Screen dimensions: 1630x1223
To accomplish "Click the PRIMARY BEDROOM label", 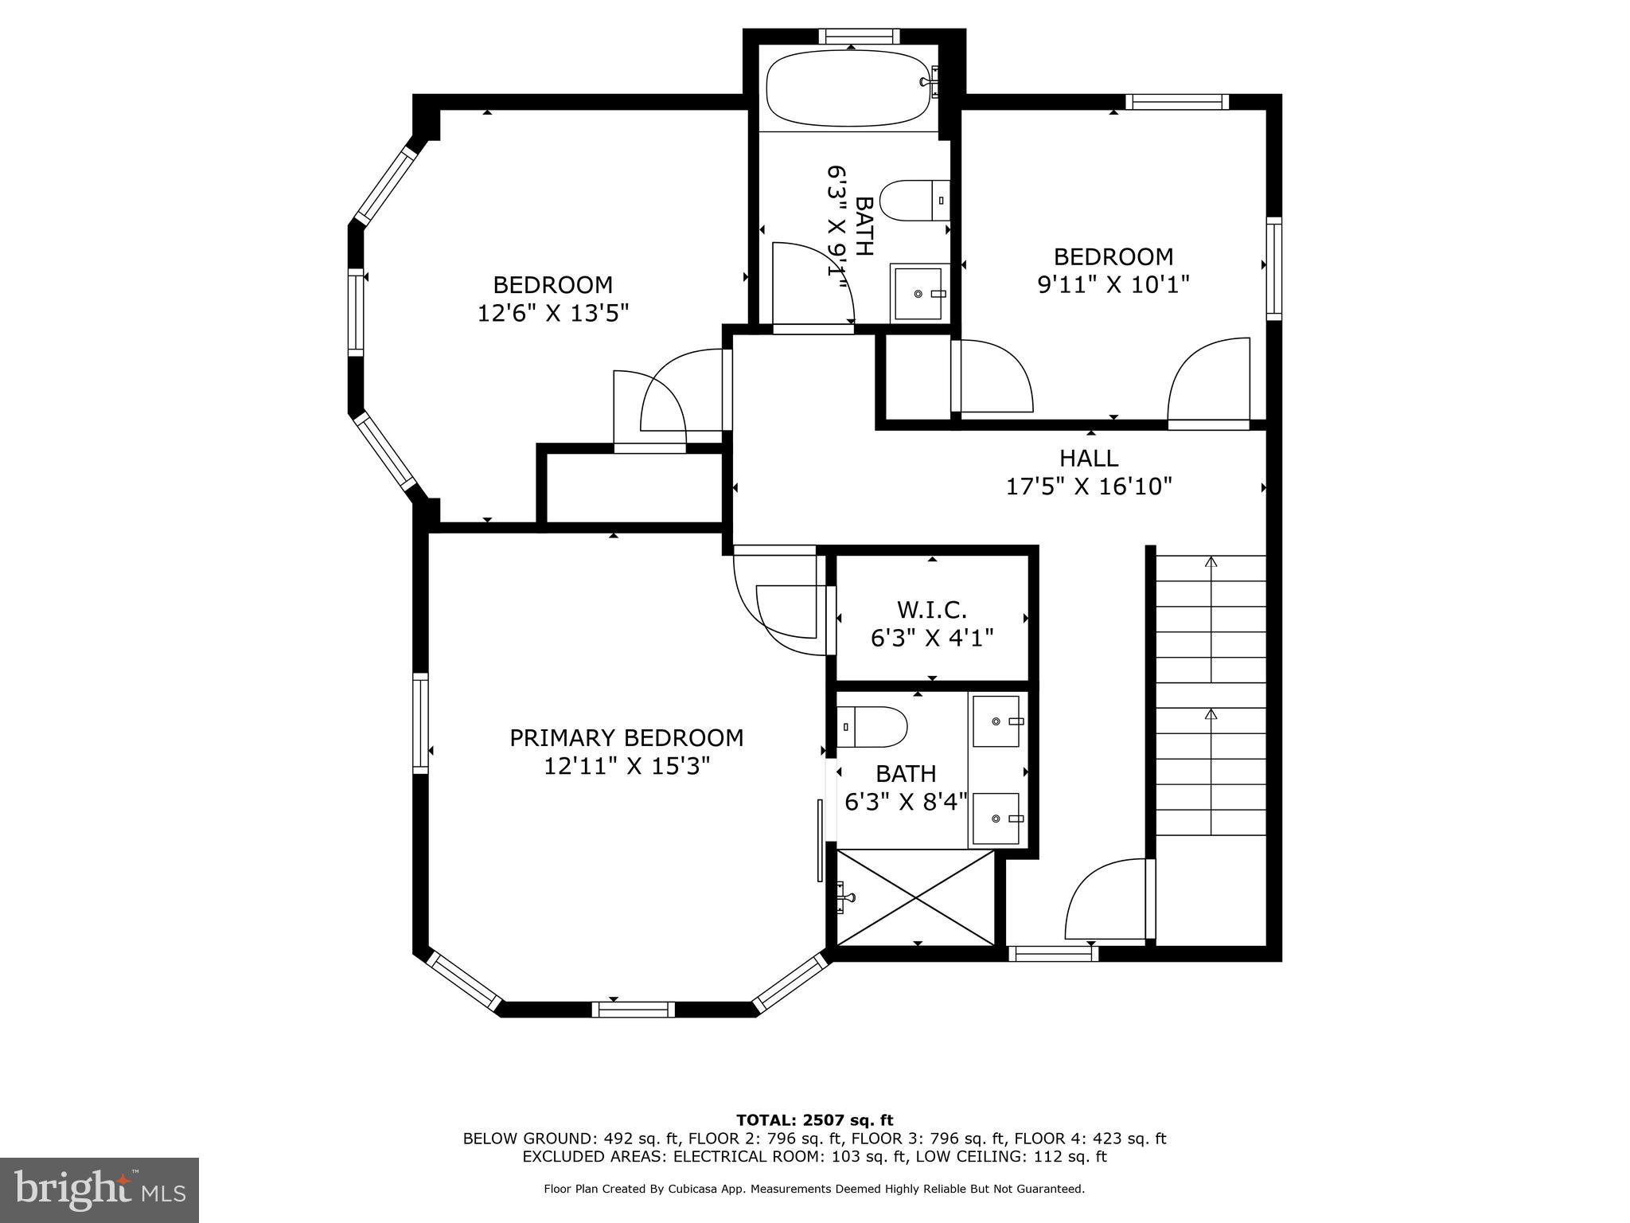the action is tap(626, 738).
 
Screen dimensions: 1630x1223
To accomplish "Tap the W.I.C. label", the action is tap(932, 610).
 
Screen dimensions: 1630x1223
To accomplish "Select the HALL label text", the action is tap(1089, 458).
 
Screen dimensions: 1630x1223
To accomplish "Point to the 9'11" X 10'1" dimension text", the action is tap(1113, 284).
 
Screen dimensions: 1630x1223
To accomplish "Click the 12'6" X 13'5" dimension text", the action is tap(553, 313).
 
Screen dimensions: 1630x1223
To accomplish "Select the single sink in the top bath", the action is tap(920, 293).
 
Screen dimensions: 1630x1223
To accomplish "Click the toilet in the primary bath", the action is tap(872, 726).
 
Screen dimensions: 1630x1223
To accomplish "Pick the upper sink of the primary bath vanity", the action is tap(996, 721).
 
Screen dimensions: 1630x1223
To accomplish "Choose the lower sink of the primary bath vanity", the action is tap(996, 819).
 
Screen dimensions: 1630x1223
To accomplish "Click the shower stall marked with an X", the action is tap(916, 898).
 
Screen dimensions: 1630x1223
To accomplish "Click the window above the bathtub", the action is tap(860, 36).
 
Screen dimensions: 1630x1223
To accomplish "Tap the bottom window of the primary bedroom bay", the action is tap(634, 1010).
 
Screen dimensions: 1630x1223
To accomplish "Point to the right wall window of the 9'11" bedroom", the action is tap(1274, 268).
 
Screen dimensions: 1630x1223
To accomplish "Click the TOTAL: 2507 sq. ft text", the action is tap(815, 1120).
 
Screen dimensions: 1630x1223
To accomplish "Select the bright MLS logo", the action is tap(99, 1190).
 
